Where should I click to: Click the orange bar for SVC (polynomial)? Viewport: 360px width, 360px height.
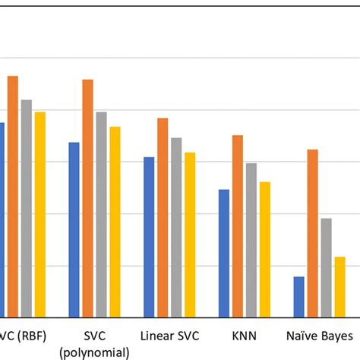(x=88, y=197)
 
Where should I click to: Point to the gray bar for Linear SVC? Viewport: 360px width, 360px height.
(x=176, y=227)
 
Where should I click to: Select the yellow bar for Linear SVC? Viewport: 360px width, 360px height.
(x=190, y=235)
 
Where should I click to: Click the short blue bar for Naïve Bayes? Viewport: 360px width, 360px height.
(x=298, y=297)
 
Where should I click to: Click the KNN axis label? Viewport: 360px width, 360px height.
(x=244, y=334)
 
